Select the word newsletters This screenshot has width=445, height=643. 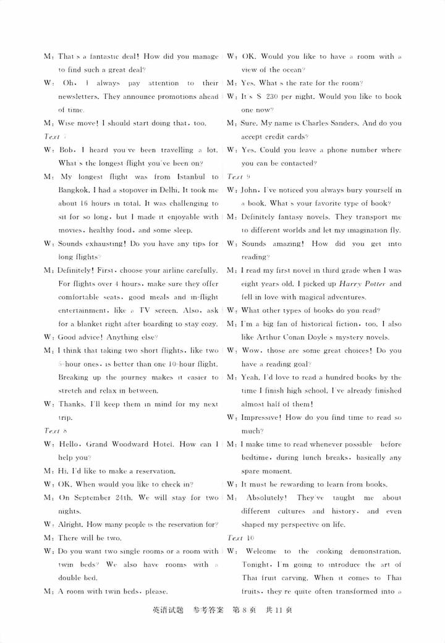80,96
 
